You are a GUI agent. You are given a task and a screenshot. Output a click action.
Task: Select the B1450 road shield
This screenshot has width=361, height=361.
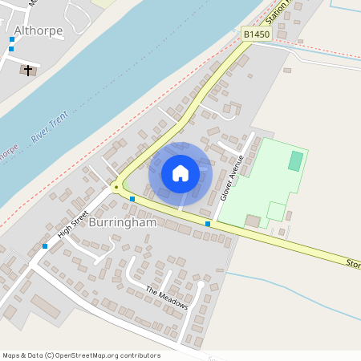[x=256, y=34]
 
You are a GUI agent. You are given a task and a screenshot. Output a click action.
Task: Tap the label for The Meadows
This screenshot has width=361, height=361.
[x=167, y=298]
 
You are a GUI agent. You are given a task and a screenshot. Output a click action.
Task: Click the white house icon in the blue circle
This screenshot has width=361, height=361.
[x=180, y=172]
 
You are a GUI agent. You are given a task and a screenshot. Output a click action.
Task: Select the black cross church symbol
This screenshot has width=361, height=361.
[x=28, y=71]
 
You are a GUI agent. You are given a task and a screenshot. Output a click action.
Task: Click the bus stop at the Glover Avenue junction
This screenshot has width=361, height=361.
[x=208, y=224]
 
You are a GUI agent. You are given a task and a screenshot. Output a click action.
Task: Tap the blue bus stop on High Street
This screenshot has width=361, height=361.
[x=45, y=245]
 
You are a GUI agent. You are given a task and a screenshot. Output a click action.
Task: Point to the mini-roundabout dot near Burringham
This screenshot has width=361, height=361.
[x=116, y=187]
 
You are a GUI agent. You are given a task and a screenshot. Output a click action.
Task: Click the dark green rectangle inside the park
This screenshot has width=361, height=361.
[x=296, y=160]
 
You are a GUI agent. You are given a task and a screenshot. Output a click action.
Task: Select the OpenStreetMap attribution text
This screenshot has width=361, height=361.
[x=81, y=355]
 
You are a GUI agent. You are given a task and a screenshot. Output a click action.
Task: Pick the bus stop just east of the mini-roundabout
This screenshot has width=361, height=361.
[x=132, y=198]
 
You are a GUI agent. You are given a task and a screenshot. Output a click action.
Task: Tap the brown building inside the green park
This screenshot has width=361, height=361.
[x=253, y=220]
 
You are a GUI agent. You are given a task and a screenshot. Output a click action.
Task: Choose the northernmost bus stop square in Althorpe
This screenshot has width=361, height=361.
[x=12, y=39]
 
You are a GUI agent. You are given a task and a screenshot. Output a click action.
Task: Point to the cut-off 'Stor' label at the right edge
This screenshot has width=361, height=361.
[x=353, y=262]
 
